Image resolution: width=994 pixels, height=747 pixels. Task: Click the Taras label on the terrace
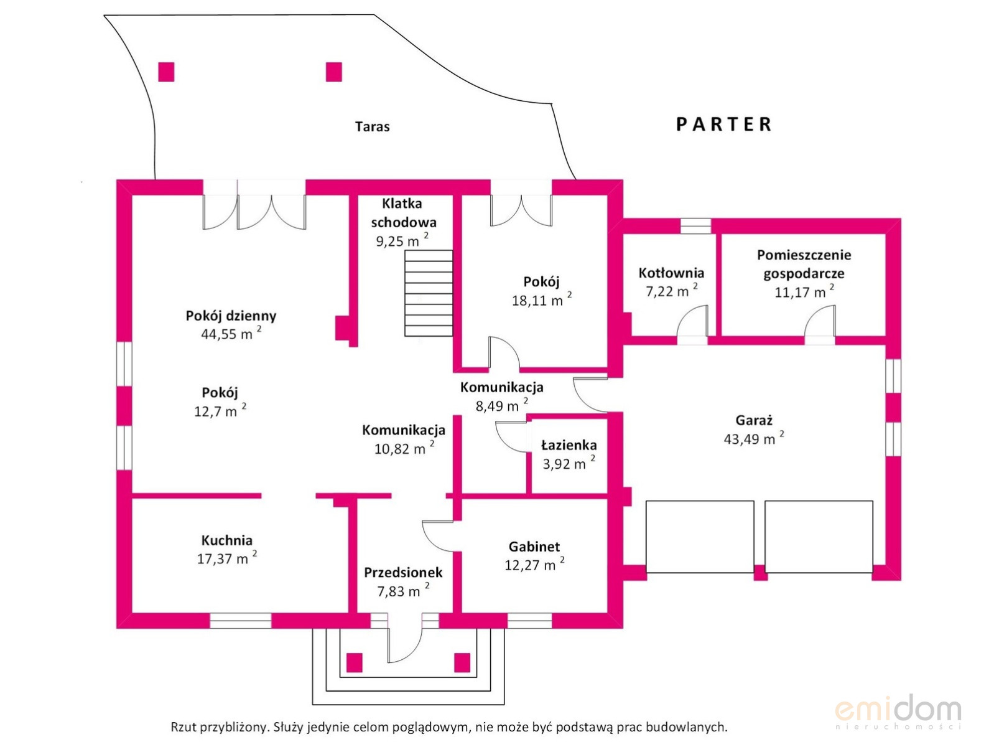(372, 126)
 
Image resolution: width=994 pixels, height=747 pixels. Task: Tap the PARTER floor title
(723, 124)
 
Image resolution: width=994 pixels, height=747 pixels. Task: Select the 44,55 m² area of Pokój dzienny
(231, 334)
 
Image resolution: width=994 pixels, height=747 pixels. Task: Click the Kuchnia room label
(227, 540)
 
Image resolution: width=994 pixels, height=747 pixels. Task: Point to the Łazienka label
(569, 445)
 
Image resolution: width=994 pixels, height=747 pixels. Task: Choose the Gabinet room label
(534, 547)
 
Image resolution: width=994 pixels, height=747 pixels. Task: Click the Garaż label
(753, 420)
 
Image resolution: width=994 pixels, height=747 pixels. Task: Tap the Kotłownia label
(671, 273)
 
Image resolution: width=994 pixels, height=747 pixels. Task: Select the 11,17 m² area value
(804, 292)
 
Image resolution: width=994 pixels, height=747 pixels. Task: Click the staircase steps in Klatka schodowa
(429, 293)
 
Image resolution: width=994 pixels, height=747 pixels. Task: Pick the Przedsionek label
(403, 573)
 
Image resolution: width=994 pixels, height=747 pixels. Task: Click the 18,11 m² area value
(542, 299)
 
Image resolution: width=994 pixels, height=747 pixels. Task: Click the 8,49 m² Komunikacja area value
(502, 405)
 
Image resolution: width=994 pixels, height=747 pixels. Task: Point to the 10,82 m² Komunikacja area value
(404, 448)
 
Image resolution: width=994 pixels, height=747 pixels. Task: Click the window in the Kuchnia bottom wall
(241, 621)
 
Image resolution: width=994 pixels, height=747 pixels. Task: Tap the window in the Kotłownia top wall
(695, 226)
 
